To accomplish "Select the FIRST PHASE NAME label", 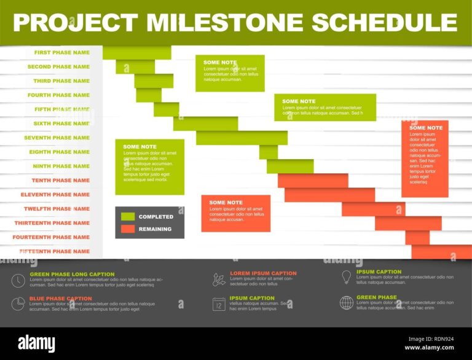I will [61, 53].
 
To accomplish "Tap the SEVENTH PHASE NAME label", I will [57, 138].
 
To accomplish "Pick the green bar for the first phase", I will [136, 53].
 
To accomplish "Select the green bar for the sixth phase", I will [205, 123].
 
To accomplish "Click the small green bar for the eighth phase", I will [268, 152].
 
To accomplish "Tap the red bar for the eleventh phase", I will [329, 195].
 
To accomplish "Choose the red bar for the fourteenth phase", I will [417, 238].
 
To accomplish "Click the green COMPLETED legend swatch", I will [128, 217].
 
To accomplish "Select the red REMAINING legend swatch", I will [128, 229].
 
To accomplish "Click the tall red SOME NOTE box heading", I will [426, 128].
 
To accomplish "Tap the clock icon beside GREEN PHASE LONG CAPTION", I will [18, 281].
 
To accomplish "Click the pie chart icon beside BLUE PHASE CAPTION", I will [18, 304].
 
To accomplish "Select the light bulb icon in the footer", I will [347, 277].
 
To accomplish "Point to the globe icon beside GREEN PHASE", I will [347, 302].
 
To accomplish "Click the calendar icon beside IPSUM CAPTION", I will [219, 303].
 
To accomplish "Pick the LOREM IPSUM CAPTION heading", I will [263, 273].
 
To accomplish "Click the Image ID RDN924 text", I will [431, 338].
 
